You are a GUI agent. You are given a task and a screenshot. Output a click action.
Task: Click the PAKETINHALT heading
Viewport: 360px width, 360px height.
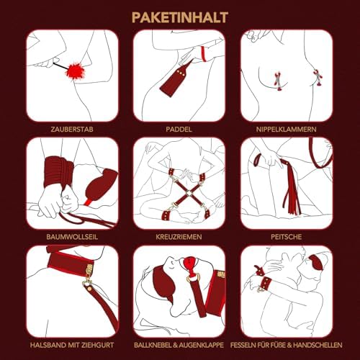coord(180,18)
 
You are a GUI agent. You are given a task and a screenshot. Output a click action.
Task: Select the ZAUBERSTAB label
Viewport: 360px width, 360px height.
coord(72,130)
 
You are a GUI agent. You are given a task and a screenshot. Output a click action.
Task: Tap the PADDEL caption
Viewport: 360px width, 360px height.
coord(179,130)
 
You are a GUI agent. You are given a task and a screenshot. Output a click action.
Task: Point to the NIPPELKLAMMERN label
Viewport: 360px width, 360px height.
coord(287,130)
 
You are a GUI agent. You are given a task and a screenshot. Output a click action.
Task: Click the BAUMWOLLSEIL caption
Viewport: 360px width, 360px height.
coord(72,237)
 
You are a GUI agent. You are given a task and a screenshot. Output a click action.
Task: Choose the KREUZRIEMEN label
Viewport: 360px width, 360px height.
coord(179,237)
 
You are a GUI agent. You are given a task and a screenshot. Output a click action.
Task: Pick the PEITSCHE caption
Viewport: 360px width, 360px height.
coord(287,237)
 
